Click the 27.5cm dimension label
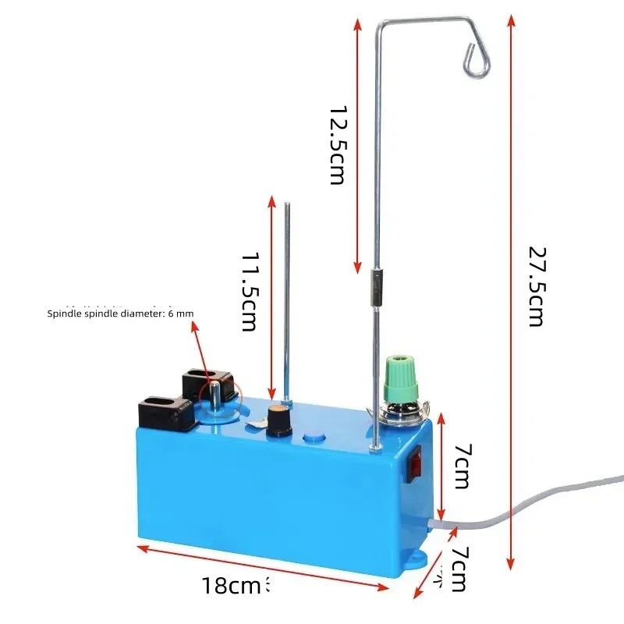point(536,287)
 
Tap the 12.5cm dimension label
point(338,145)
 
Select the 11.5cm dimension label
point(250,292)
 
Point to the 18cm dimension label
point(231,586)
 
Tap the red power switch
point(416,464)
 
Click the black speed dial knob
point(280,420)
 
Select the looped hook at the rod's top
point(477,60)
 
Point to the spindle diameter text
point(120,314)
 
